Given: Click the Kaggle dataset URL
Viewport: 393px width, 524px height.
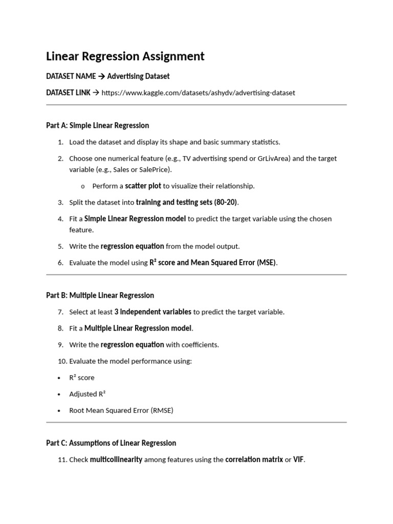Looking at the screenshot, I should point(198,93).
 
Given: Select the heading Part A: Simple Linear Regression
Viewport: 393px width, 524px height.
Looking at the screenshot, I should point(97,125).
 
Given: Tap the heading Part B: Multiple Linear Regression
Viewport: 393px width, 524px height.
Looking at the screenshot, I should point(100,295).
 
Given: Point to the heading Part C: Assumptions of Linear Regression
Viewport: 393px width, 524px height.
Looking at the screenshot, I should point(111,443).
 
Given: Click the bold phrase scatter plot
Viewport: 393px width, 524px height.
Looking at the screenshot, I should point(143,186).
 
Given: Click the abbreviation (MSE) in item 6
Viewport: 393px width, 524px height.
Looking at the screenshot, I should point(265,263).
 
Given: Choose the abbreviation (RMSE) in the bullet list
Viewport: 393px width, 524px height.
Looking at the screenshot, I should point(162,410).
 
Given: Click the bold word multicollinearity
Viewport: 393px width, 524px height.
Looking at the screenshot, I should point(116,460).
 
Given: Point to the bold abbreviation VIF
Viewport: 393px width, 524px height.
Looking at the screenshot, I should point(298,460).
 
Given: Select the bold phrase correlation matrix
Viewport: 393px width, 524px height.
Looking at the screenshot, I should point(254,460).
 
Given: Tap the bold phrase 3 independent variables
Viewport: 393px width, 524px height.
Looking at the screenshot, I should point(153,312).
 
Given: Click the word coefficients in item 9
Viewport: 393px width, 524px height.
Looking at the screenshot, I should point(200,344).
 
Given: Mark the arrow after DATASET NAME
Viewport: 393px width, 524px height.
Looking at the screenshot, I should point(101,76).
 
